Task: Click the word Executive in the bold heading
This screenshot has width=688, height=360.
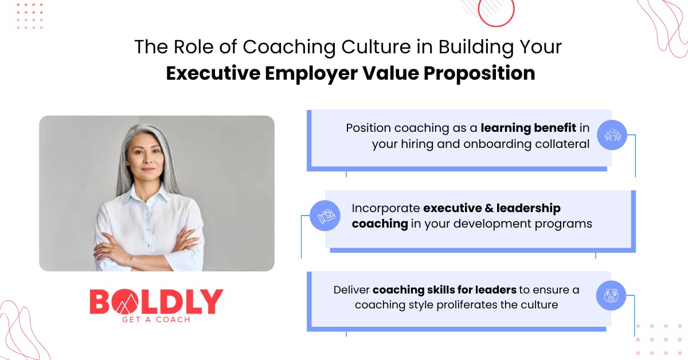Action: click(213, 73)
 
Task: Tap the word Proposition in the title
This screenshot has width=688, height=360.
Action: click(479, 74)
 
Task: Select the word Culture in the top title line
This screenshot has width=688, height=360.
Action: click(376, 47)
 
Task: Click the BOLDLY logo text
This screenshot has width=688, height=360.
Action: click(157, 302)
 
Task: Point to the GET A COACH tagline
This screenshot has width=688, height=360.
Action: click(157, 320)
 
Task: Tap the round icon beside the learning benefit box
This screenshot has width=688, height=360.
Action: click(612, 135)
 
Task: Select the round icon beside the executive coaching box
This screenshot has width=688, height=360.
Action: click(325, 216)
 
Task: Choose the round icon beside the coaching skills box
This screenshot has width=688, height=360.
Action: click(611, 295)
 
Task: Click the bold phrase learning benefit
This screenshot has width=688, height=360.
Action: click(528, 128)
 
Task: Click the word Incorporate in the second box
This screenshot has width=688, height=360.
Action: click(386, 209)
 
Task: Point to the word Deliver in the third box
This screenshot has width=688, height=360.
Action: click(351, 290)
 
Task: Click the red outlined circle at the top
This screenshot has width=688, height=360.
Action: click(496, 12)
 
